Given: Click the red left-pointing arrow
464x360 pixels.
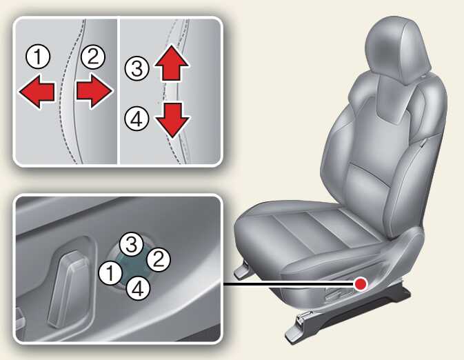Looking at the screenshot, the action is coord(37,91).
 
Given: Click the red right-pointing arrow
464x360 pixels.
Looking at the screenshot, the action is coord(94,90).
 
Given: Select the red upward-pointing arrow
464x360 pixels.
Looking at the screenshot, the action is coord(172,63).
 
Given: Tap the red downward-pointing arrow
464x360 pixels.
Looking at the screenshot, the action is coord(172,120).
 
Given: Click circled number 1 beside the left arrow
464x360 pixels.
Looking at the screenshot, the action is coord(38,57).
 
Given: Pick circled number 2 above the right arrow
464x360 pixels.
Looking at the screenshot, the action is coord(92,57).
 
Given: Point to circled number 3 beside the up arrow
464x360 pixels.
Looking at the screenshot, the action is coord(137,69).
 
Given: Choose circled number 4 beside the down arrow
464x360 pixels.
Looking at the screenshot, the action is coord(137,119).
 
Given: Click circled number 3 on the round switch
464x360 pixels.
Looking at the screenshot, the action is coord(131,244).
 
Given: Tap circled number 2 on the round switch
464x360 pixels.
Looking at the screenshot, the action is coord(159,259).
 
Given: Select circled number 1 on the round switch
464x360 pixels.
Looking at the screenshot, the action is coord(110,273).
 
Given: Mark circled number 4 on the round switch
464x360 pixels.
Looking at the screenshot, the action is coord(138,288).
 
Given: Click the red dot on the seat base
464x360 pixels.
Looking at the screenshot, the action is coord(361,284).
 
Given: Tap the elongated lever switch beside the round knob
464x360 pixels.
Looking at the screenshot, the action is coord(69,289).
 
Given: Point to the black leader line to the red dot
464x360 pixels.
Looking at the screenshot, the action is coord(288,284).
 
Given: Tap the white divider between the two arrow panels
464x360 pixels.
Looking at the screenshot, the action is coord(118,91).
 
